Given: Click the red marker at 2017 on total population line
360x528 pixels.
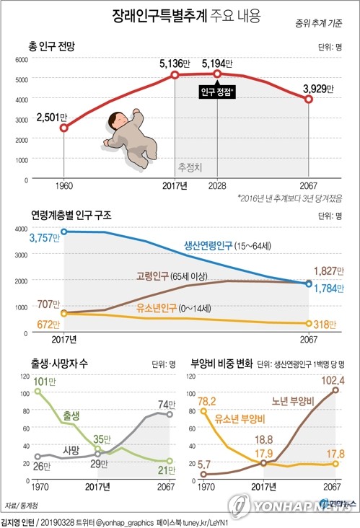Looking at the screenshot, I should [x=175, y=76].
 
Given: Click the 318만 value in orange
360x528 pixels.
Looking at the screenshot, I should [x=325, y=324].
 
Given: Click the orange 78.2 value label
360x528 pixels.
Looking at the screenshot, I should [x=211, y=400].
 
